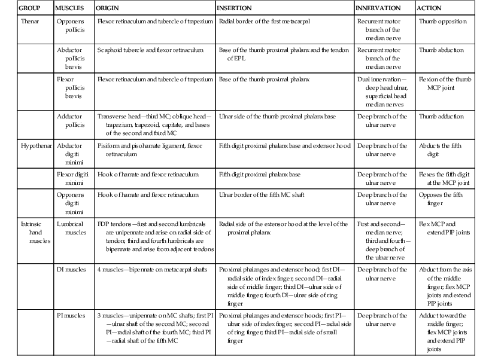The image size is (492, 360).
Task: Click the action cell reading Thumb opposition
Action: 442,21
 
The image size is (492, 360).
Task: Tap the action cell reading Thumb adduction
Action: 442,117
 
